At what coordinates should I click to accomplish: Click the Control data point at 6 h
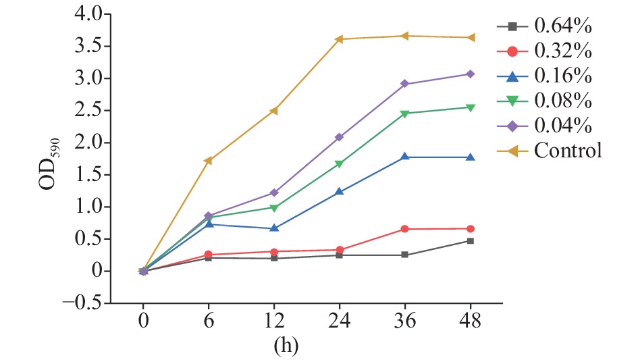(208, 161)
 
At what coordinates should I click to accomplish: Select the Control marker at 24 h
(339, 39)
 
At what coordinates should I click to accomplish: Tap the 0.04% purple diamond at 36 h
(404, 84)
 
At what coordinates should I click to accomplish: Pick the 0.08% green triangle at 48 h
(470, 107)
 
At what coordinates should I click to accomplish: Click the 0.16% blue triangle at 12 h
(273, 228)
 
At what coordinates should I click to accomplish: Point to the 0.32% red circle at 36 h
(404, 229)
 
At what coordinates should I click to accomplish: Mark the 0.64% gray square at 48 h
(470, 240)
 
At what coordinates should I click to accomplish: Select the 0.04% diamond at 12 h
(273, 193)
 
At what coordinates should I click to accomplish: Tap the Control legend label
(567, 150)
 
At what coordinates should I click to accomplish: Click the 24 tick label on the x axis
(339, 322)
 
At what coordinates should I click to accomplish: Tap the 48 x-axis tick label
(470, 322)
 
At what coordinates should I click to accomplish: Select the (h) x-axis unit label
(285, 346)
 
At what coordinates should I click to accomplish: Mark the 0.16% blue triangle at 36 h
(404, 157)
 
